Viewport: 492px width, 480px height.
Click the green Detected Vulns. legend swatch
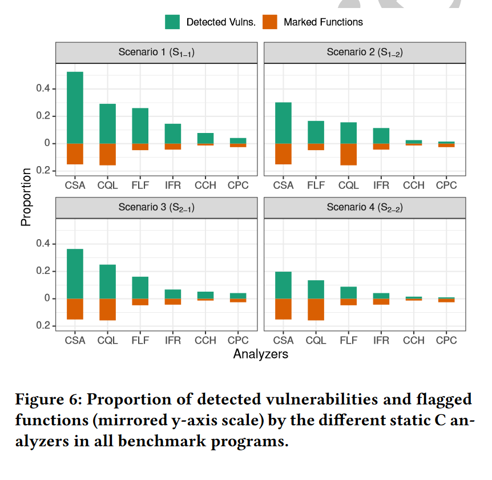point(173,22)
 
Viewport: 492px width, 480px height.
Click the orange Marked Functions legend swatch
point(270,22)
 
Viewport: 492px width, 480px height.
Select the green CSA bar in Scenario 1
point(75,107)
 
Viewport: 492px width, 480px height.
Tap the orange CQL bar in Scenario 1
point(107,154)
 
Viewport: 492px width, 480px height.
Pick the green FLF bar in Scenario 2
point(316,132)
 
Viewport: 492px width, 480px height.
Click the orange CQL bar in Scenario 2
point(348,154)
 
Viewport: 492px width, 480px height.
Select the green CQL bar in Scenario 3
point(107,281)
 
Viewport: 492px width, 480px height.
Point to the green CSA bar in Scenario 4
point(283,285)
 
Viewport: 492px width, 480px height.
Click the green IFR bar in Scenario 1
point(172,134)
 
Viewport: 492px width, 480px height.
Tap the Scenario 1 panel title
point(156,53)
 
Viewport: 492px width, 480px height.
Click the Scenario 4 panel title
point(365,208)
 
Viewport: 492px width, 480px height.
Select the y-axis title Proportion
point(26,196)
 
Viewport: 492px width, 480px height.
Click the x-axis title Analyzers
point(260,354)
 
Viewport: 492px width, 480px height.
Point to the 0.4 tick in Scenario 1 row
point(43,89)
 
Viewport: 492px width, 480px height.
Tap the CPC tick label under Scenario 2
point(446,185)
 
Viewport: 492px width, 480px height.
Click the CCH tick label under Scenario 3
point(205,340)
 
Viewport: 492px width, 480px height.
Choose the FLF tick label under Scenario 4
point(348,340)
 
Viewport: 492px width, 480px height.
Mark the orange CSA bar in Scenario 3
point(75,309)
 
